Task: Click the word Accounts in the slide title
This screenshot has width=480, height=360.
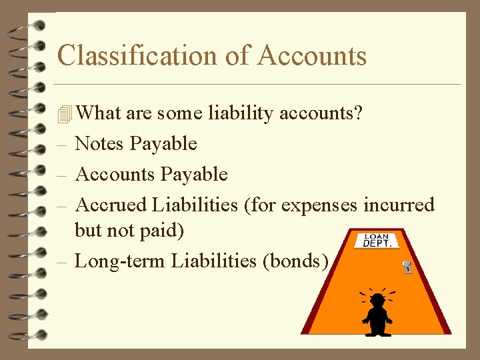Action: click(x=311, y=55)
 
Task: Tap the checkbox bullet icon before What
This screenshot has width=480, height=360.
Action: click(x=64, y=114)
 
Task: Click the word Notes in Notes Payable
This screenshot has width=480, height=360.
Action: click(x=100, y=143)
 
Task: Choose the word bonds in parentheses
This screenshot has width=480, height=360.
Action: click(x=297, y=261)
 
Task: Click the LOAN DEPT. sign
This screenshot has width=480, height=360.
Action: click(x=378, y=240)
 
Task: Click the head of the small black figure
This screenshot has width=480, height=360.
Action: click(x=377, y=300)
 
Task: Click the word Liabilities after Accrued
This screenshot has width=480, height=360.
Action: click(x=195, y=205)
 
